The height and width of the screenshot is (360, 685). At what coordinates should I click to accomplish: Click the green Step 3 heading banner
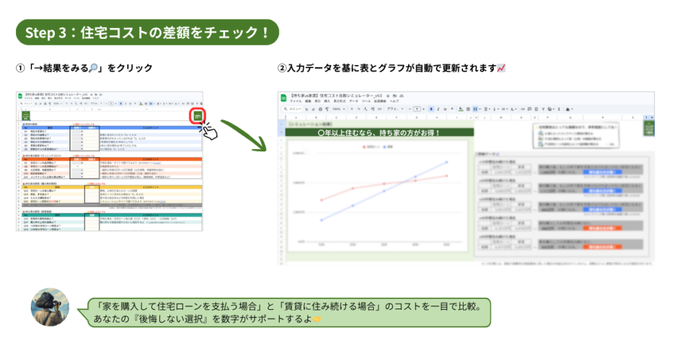click(x=146, y=33)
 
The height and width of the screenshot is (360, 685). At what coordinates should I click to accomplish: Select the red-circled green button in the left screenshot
click(x=198, y=116)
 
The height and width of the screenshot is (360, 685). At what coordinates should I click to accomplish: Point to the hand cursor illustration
click(x=209, y=130)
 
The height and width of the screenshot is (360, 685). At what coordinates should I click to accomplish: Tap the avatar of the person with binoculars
click(x=50, y=307)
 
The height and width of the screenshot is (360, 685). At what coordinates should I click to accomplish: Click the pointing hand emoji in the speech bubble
click(x=316, y=320)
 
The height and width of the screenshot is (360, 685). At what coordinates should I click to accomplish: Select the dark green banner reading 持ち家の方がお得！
click(x=379, y=132)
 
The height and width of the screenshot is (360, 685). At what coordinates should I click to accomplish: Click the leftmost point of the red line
click(x=322, y=199)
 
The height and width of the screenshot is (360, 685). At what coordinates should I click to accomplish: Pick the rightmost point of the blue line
click(x=447, y=162)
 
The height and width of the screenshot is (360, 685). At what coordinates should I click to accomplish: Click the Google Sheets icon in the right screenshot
click(x=284, y=98)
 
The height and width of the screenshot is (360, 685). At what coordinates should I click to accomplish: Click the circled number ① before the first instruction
click(x=20, y=68)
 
